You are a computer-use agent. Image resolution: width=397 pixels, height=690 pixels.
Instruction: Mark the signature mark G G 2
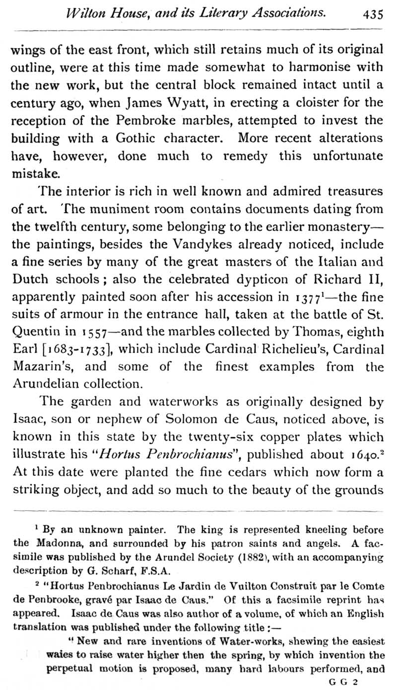pyautogui.click(x=344, y=682)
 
